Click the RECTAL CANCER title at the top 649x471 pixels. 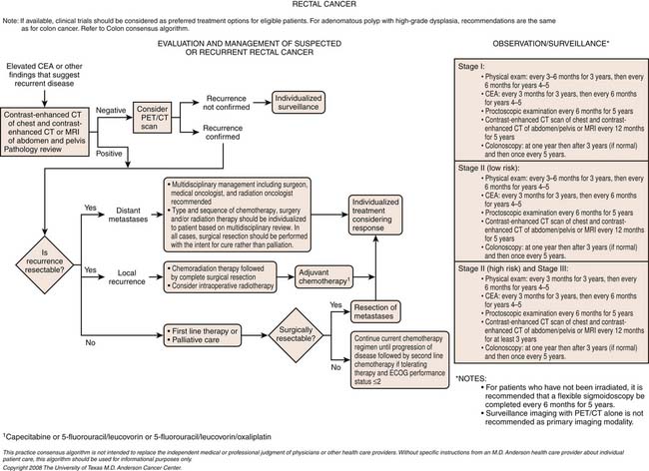[324, 8]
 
